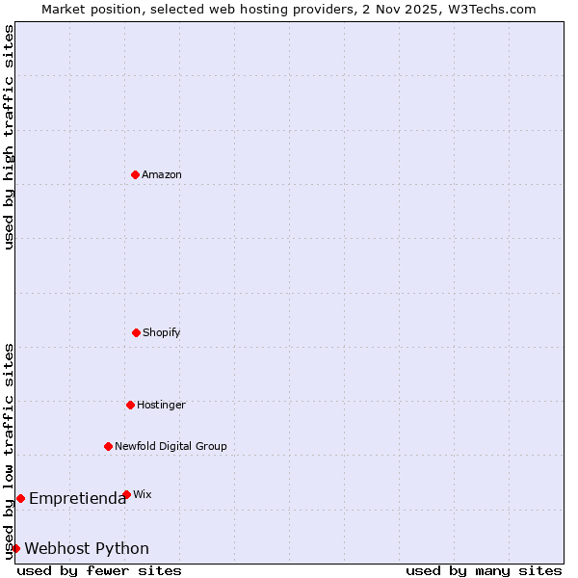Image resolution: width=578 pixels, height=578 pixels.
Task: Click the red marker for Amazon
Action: pyautogui.click(x=135, y=174)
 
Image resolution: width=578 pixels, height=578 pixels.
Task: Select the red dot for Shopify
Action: pyautogui.click(x=136, y=332)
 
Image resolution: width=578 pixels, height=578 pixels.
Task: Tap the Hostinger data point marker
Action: pyautogui.click(x=130, y=405)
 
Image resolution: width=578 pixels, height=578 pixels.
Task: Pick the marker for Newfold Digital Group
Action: pyautogui.click(x=108, y=446)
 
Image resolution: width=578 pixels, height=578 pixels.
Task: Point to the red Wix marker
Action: pyautogui.click(x=126, y=494)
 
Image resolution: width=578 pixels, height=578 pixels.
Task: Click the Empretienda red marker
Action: pyautogui.click(x=20, y=498)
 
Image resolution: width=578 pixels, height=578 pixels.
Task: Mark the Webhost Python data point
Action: pyautogui.click(x=15, y=548)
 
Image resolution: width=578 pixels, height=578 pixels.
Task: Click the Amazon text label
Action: pyautogui.click(x=162, y=174)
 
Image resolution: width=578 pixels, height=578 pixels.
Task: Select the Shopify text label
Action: pyautogui.click(x=162, y=332)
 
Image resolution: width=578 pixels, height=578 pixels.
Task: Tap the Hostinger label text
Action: pyautogui.click(x=161, y=405)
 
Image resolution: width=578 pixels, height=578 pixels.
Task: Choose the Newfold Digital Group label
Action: pyautogui.click(x=171, y=446)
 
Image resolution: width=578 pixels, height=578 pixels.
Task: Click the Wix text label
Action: pyautogui.click(x=143, y=494)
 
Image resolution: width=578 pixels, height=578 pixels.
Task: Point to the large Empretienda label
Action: pyautogui.click(x=77, y=498)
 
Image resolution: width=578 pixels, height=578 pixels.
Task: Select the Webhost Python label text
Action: pyautogui.click(x=87, y=548)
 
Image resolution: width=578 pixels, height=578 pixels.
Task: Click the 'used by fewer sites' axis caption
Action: pyautogui.click(x=99, y=570)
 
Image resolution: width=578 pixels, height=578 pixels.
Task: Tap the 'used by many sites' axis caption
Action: pyautogui.click(x=484, y=570)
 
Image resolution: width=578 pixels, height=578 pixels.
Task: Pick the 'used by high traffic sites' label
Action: pyautogui.click(x=9, y=137)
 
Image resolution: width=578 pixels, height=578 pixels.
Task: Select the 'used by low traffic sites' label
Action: pyautogui.click(x=9, y=450)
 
